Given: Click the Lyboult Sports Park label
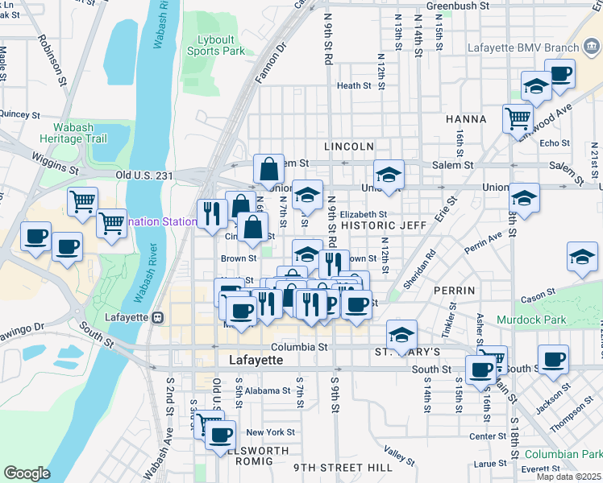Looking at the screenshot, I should click(221, 45).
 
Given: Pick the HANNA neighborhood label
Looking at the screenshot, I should click(466, 119).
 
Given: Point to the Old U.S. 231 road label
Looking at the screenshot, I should click(145, 175).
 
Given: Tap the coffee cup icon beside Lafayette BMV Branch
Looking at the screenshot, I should click(559, 75).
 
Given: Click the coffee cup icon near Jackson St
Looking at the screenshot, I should click(553, 359).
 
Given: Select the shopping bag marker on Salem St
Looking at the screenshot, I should click(269, 169).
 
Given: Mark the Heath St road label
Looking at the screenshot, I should click(353, 86).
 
